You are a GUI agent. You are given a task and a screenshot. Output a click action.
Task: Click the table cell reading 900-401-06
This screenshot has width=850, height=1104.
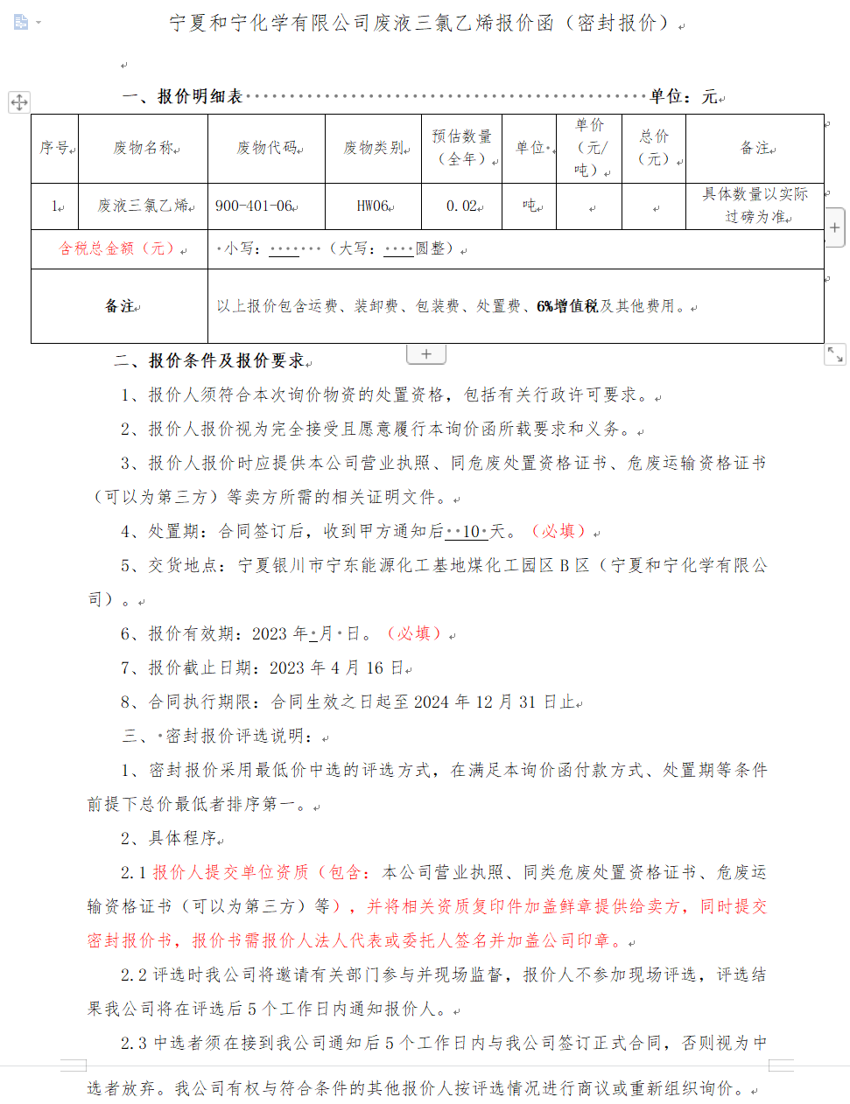[254, 206]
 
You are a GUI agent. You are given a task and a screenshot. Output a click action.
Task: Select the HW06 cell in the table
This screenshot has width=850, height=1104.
[372, 206]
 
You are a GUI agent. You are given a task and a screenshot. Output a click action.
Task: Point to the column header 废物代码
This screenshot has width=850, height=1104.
[267, 148]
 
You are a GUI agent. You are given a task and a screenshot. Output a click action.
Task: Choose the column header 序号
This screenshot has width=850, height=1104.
[55, 148]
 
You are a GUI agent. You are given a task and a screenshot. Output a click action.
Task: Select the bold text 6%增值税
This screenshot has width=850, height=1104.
[567, 306]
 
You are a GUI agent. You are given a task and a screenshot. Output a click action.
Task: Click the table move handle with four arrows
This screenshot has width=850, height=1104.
[19, 102]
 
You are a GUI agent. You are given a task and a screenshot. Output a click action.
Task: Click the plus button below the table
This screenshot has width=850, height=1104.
[426, 354]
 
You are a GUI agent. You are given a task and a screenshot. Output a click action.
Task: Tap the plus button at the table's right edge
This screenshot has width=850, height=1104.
[835, 227]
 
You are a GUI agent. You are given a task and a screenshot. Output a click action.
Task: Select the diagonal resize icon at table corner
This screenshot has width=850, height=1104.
[835, 354]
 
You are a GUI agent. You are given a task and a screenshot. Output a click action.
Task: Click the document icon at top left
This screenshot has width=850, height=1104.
[21, 21]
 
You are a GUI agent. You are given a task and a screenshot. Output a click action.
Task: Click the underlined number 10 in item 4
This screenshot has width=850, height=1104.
[471, 532]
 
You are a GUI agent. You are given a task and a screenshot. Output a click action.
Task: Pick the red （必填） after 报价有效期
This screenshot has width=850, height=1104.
[414, 633]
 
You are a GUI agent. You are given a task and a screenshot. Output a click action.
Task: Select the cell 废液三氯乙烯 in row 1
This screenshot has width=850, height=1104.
[144, 206]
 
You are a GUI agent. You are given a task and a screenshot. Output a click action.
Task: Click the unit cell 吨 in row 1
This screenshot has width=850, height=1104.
[530, 206]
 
